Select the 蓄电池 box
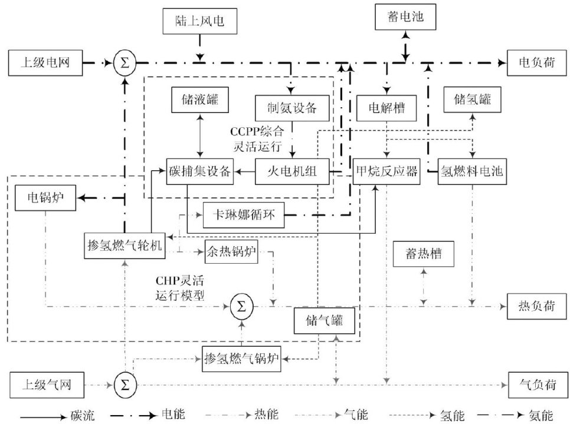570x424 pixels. click(405, 19)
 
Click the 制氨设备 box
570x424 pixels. click(291, 107)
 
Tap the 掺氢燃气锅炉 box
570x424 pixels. click(241, 356)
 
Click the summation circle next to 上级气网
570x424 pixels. click(125, 385)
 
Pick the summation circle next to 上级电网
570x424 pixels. click(125, 61)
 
